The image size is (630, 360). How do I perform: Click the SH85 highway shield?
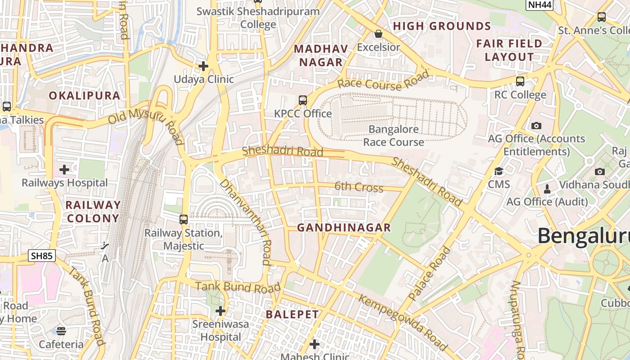pos(42,256)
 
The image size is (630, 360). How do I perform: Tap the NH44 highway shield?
pos(540,4)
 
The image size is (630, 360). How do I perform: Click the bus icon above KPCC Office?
pos(303,100)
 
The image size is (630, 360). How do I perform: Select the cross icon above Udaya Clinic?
pos(203,66)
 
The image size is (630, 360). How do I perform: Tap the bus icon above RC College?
pos(520,81)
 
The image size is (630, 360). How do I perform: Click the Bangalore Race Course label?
pos(394,135)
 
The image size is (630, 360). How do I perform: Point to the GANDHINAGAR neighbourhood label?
pos(344,228)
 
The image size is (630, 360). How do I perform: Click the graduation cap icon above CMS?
pos(499,171)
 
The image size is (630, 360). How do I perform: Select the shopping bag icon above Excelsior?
pos(378,34)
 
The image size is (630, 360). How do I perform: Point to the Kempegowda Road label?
pos(403,322)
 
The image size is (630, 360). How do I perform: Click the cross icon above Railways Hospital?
pos(64,170)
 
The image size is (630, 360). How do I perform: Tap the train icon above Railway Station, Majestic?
pos(184,220)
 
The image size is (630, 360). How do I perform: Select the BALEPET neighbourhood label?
pos(292,315)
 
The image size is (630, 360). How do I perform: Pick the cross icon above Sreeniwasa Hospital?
pos(220,310)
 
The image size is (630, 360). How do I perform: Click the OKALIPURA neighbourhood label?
pos(85,95)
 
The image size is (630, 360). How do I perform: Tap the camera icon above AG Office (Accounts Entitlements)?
pos(536,126)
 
